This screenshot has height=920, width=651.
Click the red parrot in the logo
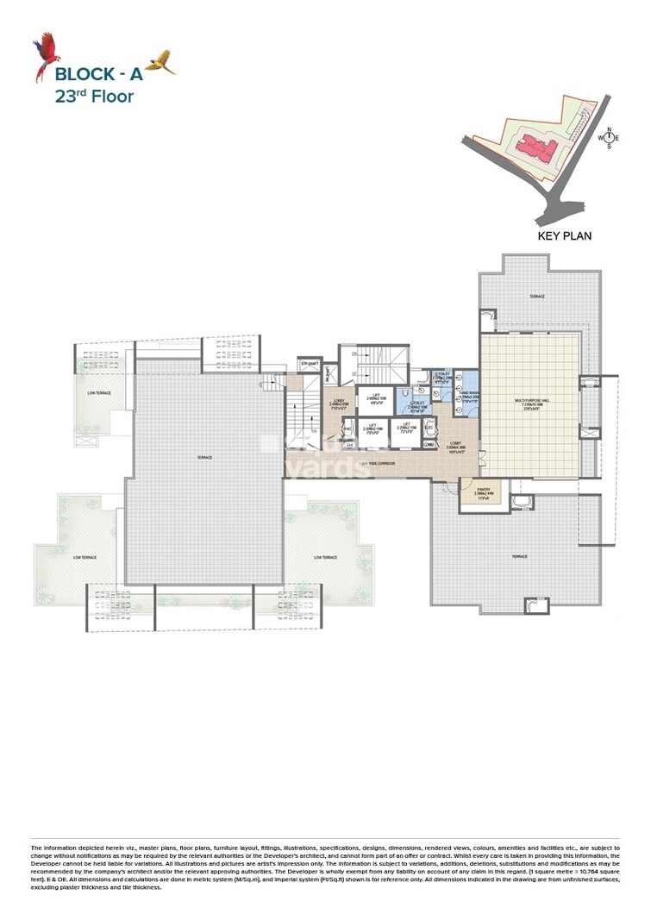tap(43, 55)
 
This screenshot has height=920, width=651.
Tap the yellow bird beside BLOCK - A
tap(160, 62)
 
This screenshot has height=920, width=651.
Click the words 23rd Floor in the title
tap(93, 96)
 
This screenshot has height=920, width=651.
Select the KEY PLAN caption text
tap(564, 235)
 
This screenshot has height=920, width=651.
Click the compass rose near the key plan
tap(610, 138)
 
